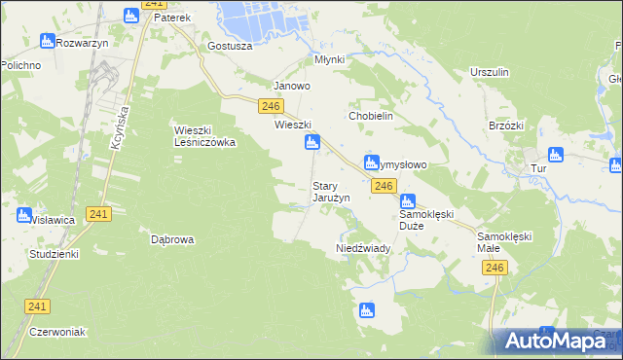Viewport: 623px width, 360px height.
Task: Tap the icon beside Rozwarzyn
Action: (47, 41)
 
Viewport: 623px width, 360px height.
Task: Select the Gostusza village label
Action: (231, 46)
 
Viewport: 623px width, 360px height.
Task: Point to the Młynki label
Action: (330, 59)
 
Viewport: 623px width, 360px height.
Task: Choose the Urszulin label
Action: (490, 73)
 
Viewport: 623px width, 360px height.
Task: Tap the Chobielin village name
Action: (370, 115)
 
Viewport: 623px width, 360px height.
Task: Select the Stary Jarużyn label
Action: (330, 192)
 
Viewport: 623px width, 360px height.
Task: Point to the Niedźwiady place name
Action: (363, 248)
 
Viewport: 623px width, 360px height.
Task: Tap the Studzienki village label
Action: (54, 253)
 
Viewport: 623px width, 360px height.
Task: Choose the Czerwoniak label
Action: (58, 332)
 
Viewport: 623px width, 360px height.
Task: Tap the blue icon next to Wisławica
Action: (23, 214)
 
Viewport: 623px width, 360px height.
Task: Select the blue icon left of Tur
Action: (556, 154)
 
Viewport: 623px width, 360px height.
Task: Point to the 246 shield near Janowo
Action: (271, 106)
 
